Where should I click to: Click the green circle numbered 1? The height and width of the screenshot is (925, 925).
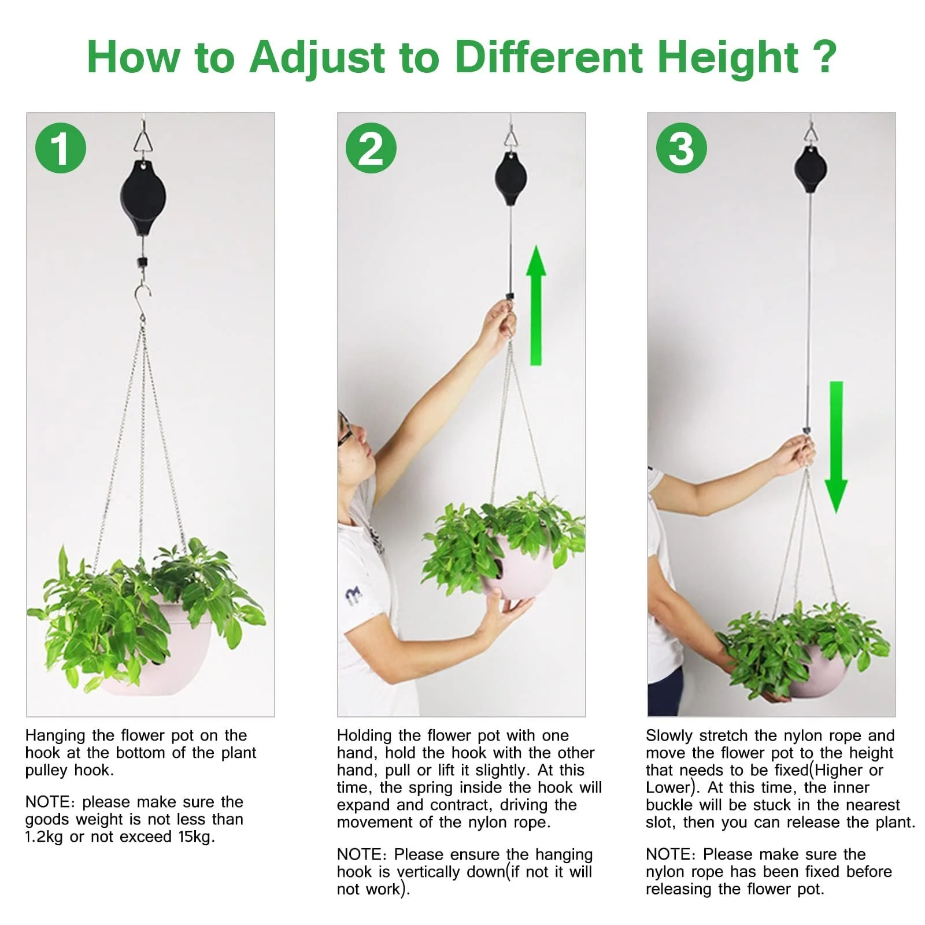pos(61,148)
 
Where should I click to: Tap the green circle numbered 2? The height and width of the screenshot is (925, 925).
pos(371,148)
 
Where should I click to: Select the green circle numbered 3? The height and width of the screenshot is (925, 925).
pos(682,148)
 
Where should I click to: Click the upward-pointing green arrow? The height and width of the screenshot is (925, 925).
pos(536,305)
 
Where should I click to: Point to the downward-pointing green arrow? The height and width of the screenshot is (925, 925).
pos(836,447)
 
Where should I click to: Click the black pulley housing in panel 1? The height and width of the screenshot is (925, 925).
pos(143,198)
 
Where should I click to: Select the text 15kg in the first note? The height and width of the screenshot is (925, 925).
pos(196,837)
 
